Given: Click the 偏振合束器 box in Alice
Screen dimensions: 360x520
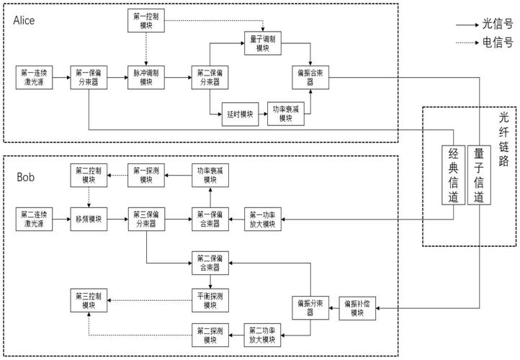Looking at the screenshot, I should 311,77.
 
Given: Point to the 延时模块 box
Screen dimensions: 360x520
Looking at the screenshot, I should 238,114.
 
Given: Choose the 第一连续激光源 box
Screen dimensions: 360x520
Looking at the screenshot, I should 35,77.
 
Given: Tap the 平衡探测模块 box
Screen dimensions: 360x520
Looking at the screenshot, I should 210,299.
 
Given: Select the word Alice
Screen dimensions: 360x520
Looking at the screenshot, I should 25,20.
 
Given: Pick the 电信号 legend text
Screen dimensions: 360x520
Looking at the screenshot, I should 498,42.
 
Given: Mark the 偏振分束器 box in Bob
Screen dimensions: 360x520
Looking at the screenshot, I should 311,307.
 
